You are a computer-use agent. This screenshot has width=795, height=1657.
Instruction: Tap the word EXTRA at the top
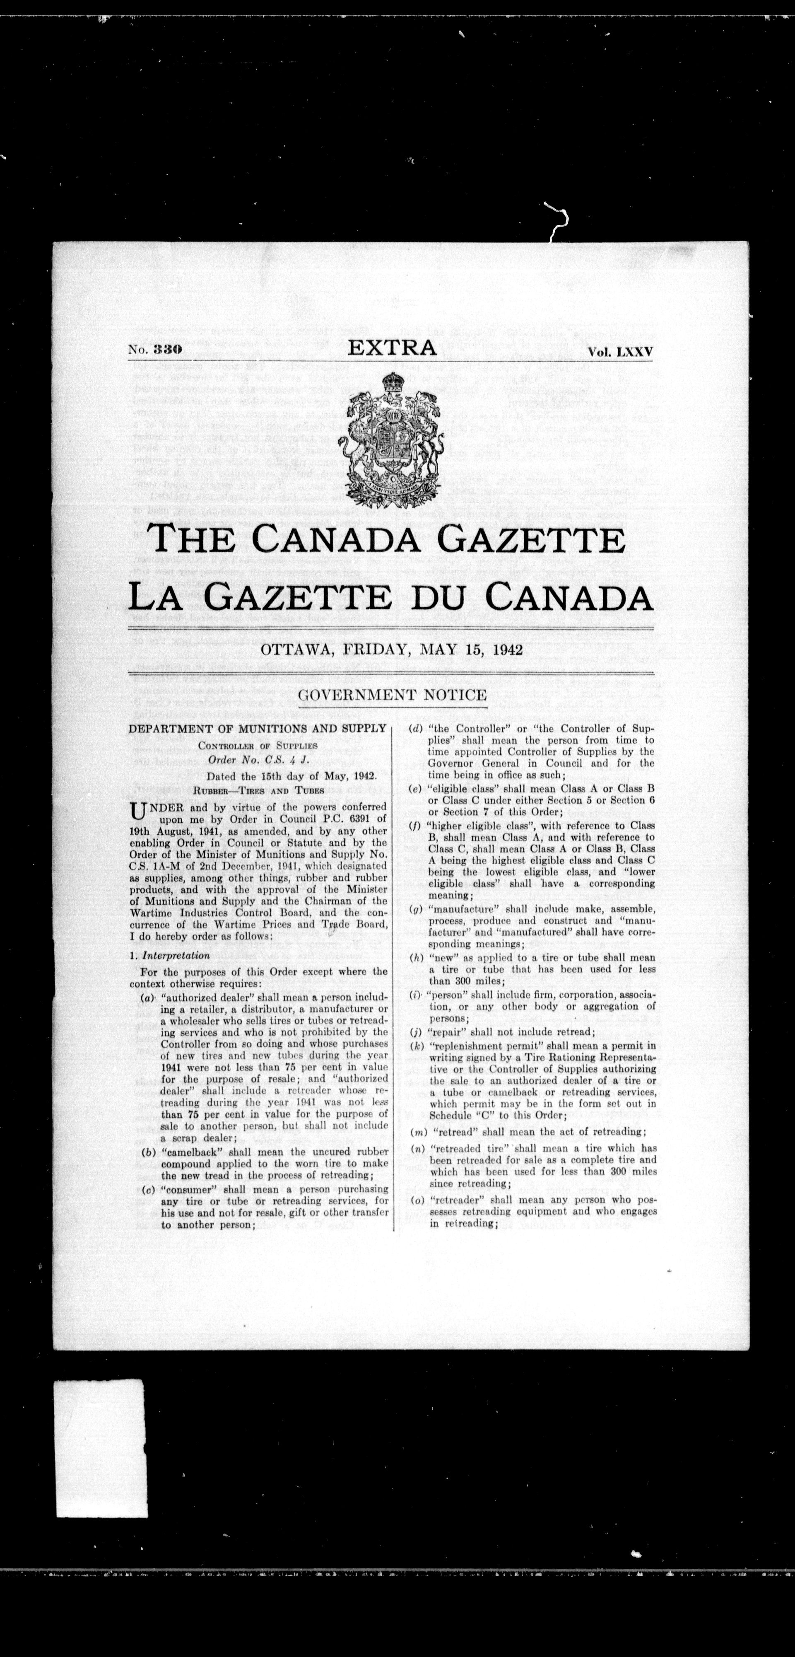point(392,348)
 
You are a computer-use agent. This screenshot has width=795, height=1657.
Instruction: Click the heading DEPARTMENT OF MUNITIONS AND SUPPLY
point(257,728)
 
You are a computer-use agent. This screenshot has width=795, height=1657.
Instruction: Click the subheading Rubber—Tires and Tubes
point(257,789)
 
